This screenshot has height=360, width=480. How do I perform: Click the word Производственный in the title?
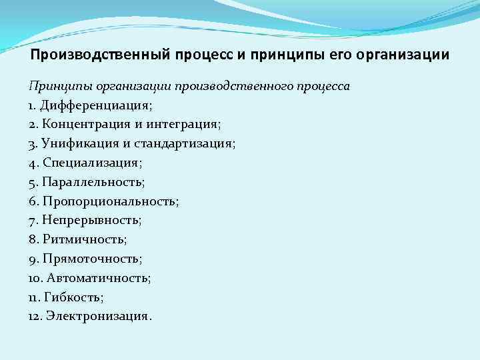100,55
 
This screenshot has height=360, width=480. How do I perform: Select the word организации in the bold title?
403,55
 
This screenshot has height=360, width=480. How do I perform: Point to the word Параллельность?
91,181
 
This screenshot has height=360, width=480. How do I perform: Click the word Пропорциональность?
108,201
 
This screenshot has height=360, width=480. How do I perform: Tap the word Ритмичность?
83,239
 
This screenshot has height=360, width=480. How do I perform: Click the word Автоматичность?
97,277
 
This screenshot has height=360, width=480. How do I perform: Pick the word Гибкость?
74,297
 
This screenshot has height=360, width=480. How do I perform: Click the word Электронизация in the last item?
98,316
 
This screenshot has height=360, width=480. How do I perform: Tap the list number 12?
35,316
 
